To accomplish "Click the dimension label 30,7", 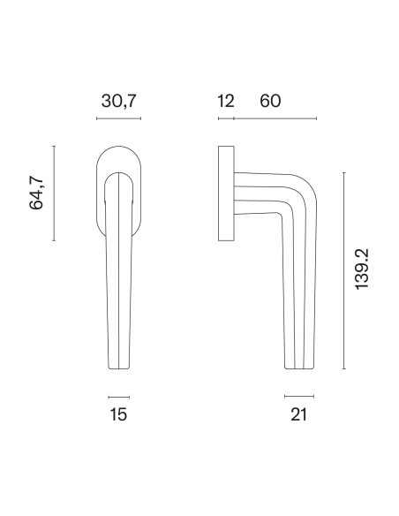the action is (118, 101).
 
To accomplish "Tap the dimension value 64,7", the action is (36, 193).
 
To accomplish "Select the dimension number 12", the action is (226, 101).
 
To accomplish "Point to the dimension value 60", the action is (270, 101).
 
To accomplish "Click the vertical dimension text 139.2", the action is (362, 269).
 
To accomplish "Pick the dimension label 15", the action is (118, 414).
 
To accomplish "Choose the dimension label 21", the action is (298, 414).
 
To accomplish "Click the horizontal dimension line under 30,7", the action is (118, 118).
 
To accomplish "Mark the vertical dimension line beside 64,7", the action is (54, 193).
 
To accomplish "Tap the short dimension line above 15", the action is (118, 398).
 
